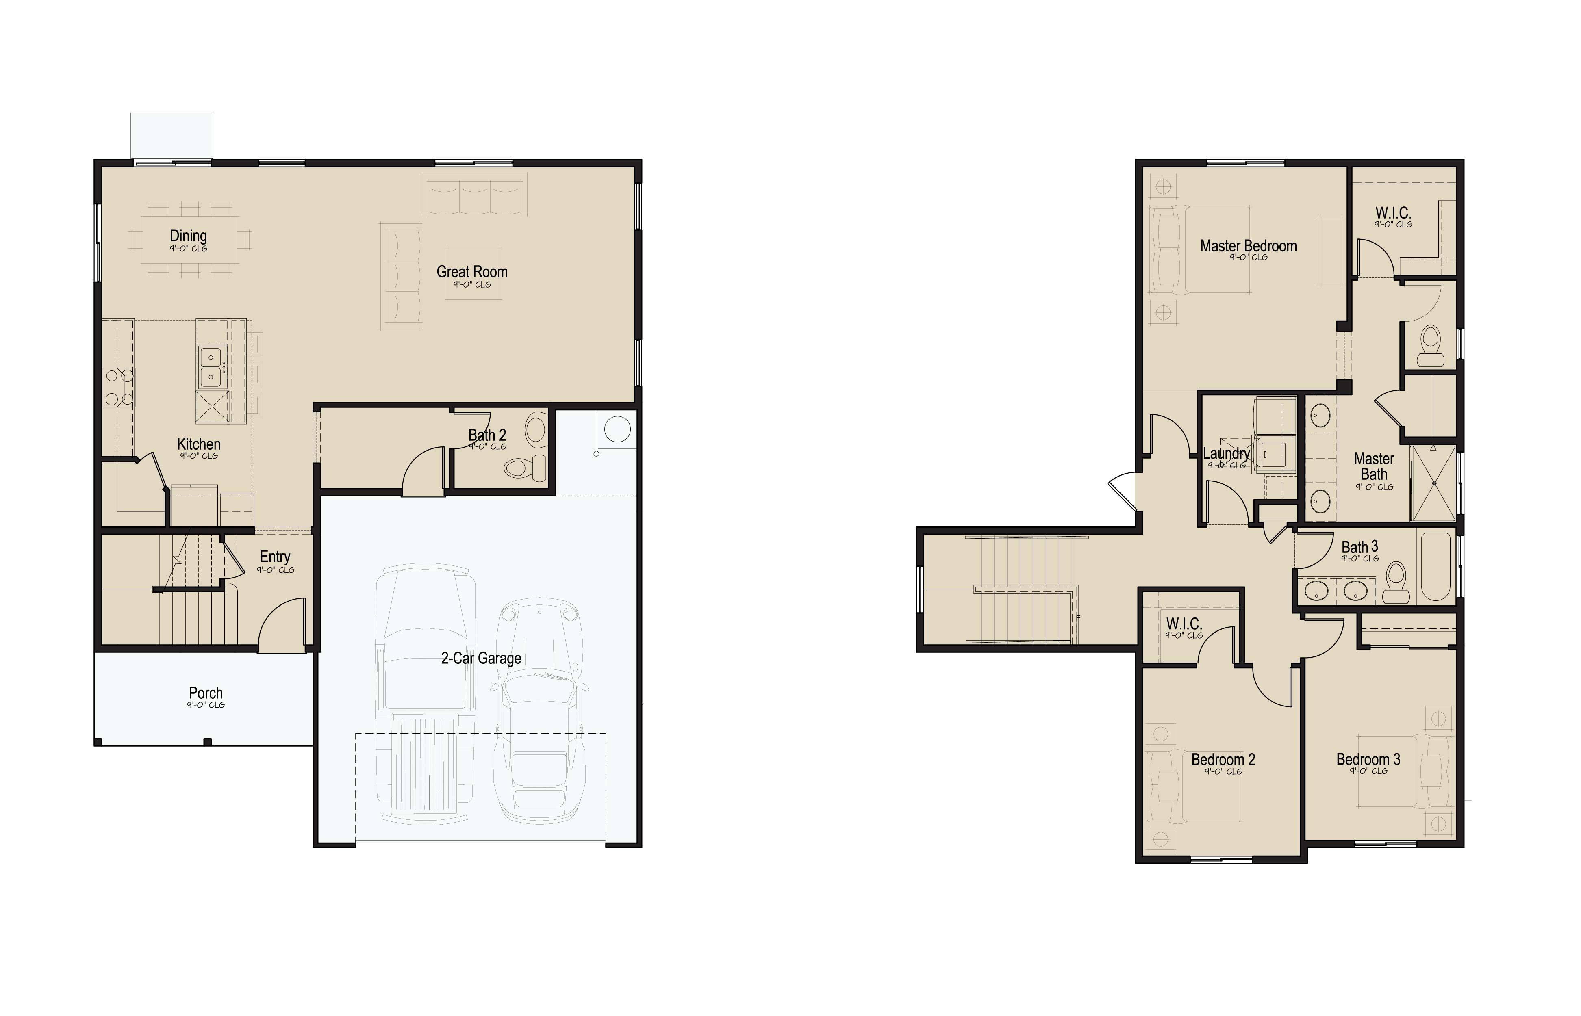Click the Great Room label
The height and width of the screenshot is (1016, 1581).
(472, 272)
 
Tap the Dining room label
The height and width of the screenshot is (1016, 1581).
(188, 236)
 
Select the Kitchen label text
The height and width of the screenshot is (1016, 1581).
(199, 444)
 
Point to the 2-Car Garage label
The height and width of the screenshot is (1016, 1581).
(481, 658)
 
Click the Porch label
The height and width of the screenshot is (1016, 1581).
(206, 693)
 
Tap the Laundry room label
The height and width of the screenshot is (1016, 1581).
(1226, 453)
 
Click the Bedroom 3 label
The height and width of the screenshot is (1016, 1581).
(1368, 759)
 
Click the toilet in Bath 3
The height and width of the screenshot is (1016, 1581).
(1396, 582)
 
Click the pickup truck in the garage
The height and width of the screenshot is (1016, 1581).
(425, 693)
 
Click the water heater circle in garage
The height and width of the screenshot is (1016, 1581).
(617, 429)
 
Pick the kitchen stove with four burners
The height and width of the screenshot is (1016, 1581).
(119, 387)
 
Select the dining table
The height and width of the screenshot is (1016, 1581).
(189, 238)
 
